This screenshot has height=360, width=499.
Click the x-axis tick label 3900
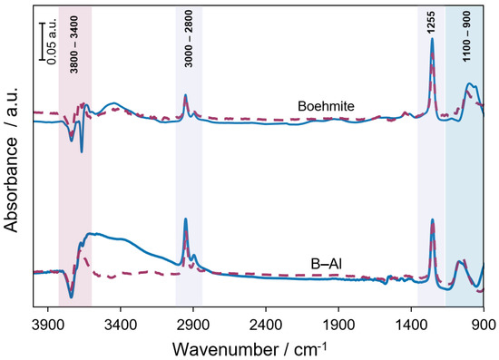[x=45, y=322]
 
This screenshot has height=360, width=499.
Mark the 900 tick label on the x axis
[x=483, y=322]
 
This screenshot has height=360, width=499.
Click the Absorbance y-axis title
[x=12, y=160]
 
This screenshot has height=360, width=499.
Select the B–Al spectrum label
[x=322, y=265]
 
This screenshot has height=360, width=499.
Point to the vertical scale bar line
[x=42, y=48]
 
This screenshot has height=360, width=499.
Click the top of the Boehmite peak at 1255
[x=432, y=39]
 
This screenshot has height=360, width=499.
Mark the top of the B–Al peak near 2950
[x=185, y=219]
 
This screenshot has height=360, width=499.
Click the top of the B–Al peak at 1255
[x=432, y=219]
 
